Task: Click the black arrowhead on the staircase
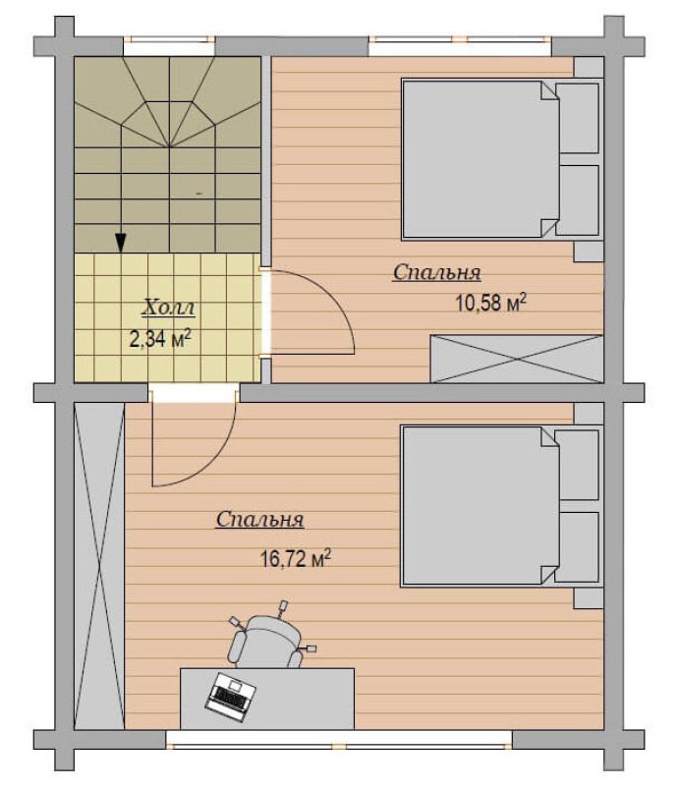click(x=121, y=243)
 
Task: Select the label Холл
click(x=168, y=308)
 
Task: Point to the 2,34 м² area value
click(x=160, y=339)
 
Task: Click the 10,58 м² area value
click(x=491, y=303)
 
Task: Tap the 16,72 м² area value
click(x=296, y=558)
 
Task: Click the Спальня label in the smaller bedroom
click(x=437, y=272)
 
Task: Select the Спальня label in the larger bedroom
click(x=259, y=520)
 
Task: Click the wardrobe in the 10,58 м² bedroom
click(x=517, y=359)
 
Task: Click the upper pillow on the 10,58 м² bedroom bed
click(x=579, y=118)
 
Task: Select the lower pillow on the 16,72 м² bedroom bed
click(x=579, y=547)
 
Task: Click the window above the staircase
click(x=169, y=47)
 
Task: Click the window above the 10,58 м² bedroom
click(x=460, y=47)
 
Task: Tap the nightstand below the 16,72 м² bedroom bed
click(x=589, y=598)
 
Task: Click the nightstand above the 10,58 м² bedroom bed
click(x=589, y=68)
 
